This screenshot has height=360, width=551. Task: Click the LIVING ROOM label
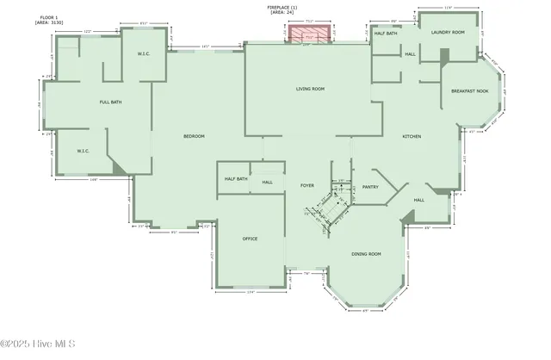(x=310, y=89)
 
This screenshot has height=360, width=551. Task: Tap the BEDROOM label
(x=194, y=137)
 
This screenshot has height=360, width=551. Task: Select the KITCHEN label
(x=412, y=137)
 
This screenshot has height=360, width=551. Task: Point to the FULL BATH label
(x=110, y=102)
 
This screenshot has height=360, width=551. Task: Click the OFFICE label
(x=250, y=239)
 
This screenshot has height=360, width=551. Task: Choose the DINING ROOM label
(x=367, y=253)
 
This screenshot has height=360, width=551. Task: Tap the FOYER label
(x=307, y=186)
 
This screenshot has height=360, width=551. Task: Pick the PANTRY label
(x=370, y=186)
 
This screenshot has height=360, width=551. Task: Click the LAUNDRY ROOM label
(x=447, y=32)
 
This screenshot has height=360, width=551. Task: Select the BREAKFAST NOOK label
(x=470, y=90)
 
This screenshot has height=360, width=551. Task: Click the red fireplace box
(x=308, y=34)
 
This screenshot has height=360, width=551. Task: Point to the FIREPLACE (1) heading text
(x=283, y=7)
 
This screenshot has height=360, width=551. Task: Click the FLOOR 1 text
(x=50, y=16)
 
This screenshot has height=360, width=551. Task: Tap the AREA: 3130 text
(x=50, y=22)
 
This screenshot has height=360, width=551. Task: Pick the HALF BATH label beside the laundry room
(x=386, y=34)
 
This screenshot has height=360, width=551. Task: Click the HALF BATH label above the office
(x=236, y=179)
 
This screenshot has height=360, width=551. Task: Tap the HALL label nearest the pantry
(x=418, y=200)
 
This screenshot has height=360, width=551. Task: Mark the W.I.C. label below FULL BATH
(x=84, y=151)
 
